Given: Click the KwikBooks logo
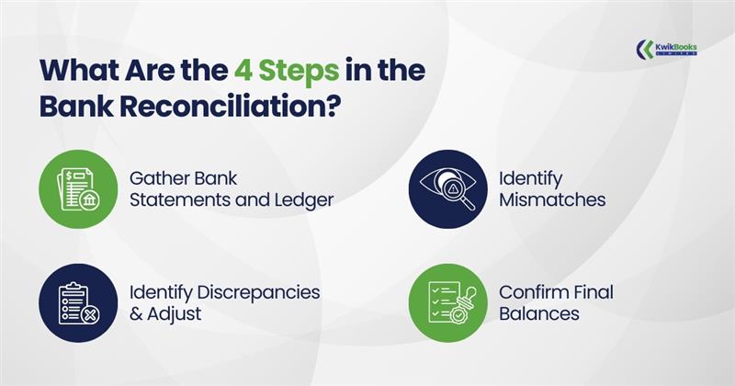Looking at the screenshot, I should click(x=667, y=47).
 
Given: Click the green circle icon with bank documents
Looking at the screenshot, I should click(x=77, y=187).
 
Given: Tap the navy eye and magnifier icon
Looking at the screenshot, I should click(x=447, y=187).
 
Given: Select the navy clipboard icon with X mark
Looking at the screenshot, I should click(x=77, y=302).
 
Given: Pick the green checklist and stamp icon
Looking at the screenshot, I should click(x=447, y=302).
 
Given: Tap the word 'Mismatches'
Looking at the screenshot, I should click(x=552, y=199).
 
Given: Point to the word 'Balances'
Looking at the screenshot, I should click(x=538, y=313).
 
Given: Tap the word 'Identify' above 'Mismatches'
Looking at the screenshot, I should click(x=530, y=176).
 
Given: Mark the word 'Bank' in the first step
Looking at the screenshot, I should click(x=220, y=176).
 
